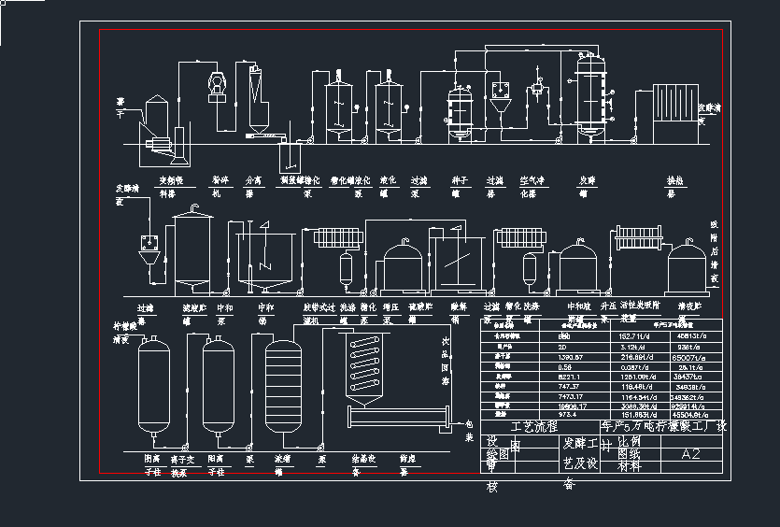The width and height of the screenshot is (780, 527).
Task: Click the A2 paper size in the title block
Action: click(x=690, y=454)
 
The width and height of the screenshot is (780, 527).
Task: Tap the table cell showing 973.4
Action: click(x=568, y=416)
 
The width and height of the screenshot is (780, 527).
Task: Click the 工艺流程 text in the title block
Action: click(x=527, y=426)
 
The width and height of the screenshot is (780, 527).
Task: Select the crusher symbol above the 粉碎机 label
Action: click(x=217, y=84)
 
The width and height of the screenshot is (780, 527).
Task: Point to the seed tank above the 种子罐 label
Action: click(x=459, y=112)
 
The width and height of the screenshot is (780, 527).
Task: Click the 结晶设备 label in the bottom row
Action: click(x=362, y=464)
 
